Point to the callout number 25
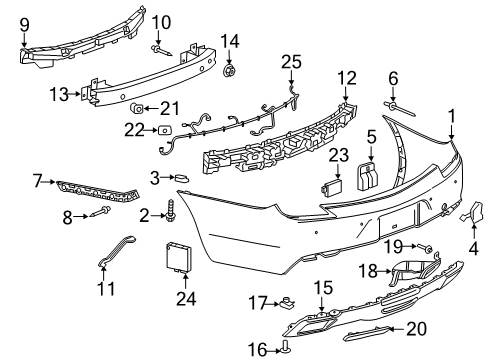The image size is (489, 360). [290, 62]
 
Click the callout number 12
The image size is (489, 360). [346, 78]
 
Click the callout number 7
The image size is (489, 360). [37, 181]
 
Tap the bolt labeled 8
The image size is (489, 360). [95, 214]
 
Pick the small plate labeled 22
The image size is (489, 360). [163, 129]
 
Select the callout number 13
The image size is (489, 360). [58, 94]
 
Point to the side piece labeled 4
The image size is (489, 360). [472, 212]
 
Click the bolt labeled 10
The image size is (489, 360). [159, 46]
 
